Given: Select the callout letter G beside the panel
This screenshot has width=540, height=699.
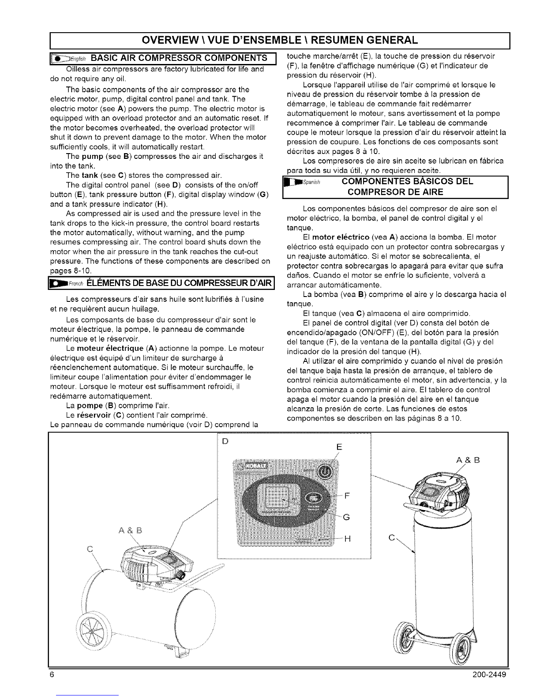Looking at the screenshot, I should [x=346, y=518].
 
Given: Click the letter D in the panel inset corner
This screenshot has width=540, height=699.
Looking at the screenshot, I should [x=224, y=441].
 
